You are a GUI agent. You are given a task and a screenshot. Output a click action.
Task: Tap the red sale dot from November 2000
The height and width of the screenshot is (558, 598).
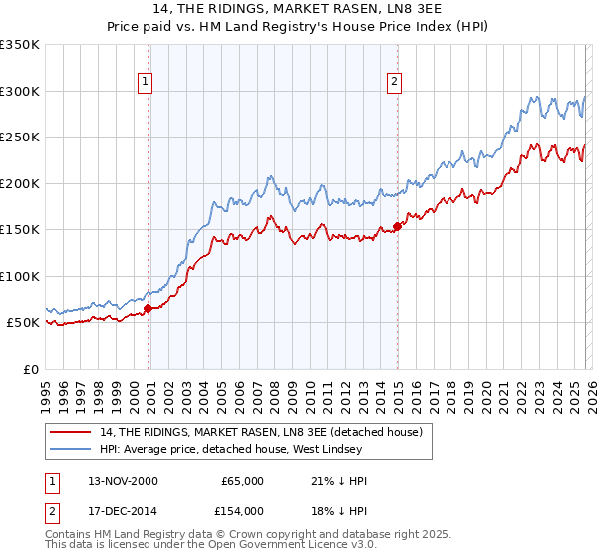tap(149, 309)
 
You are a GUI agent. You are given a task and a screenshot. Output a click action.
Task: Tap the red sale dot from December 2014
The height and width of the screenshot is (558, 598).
tap(397, 226)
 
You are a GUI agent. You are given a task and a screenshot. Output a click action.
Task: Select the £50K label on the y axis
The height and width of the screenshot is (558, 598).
tap(23, 323)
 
